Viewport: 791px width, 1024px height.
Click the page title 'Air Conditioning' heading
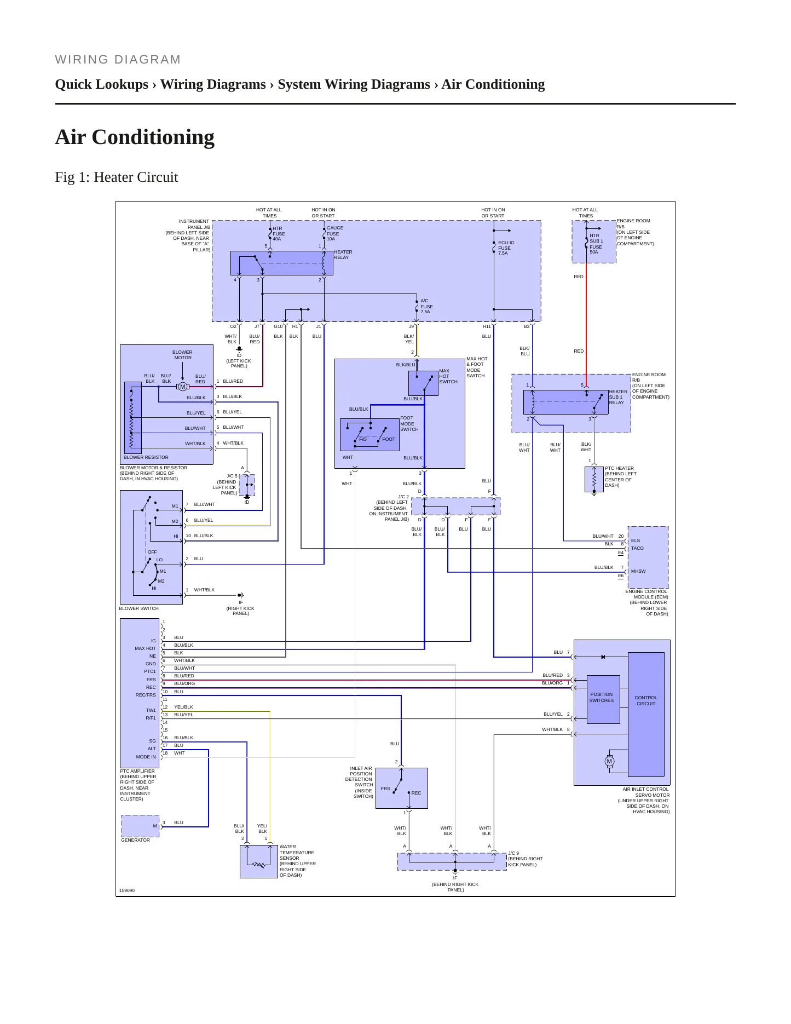tap(135, 137)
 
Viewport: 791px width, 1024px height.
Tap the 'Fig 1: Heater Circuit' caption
tap(117, 177)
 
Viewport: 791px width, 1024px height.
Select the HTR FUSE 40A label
tap(279, 234)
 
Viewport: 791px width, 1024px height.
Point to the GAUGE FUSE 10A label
tap(335, 233)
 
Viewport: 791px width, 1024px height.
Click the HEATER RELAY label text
tap(343, 255)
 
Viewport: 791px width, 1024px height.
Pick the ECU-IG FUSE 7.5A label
tap(506, 248)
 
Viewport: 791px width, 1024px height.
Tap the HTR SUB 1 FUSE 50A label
tap(596, 244)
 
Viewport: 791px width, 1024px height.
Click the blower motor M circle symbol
tap(183, 387)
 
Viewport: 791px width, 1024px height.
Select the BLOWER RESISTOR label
tap(146, 457)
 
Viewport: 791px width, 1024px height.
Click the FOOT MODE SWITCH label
tap(409, 424)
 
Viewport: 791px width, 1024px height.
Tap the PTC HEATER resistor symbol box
tap(594, 479)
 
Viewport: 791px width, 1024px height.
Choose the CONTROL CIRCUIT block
tap(646, 714)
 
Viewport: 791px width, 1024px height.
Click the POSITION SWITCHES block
tap(603, 699)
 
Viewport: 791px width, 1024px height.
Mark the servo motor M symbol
tap(609, 761)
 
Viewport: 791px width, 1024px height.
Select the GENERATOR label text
tap(135, 840)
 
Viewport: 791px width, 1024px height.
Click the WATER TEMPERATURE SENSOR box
tap(259, 861)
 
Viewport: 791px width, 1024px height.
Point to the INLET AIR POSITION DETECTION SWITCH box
tap(402, 788)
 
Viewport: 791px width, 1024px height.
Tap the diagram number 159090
tap(127, 890)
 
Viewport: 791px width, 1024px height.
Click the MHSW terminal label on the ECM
tap(638, 571)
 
